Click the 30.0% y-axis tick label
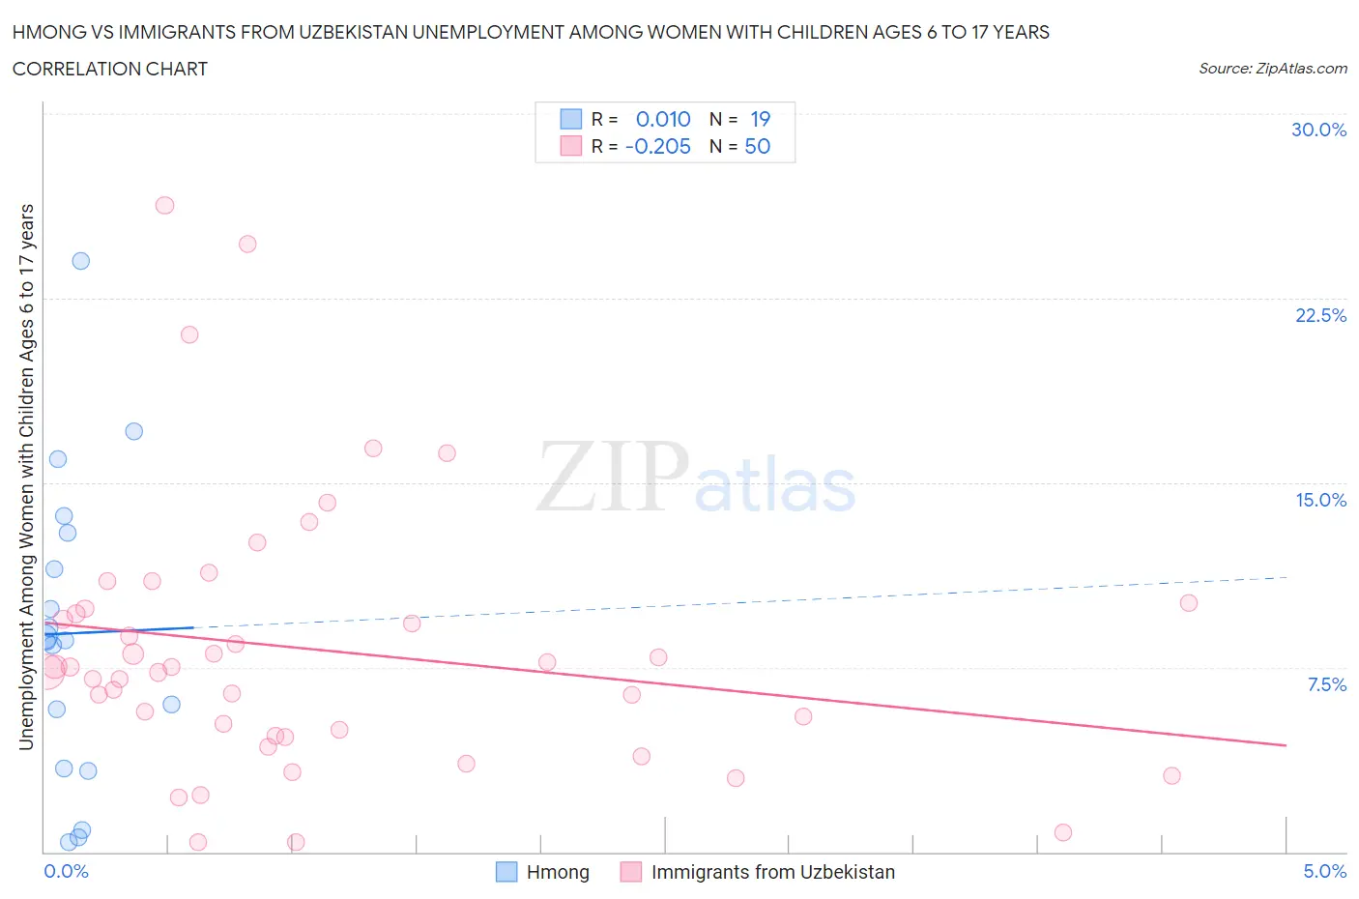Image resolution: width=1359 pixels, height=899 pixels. tap(1318, 130)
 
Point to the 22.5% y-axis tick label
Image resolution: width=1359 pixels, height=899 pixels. tap(1320, 315)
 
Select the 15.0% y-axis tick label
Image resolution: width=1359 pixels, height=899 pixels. tap(1320, 500)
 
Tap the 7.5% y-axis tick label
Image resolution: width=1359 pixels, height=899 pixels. tap(1326, 684)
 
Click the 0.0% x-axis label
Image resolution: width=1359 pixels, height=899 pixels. tap(66, 871)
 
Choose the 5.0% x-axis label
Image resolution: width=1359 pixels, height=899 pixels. tap(1324, 871)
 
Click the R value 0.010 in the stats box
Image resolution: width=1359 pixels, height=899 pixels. tap(663, 119)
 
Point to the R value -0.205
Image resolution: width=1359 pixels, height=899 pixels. tap(658, 146)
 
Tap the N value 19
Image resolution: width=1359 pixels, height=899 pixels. tap(761, 119)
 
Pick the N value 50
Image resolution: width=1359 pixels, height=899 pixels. tap(758, 146)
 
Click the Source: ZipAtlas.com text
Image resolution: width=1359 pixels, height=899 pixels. tap(1272, 69)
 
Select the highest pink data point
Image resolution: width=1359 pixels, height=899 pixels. tap(164, 205)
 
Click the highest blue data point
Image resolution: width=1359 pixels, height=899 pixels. tap(81, 261)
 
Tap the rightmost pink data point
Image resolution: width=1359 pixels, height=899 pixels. tap(1189, 603)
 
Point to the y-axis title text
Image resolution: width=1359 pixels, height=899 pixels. tap(26, 477)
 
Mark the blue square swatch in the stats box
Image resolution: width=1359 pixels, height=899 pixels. tap(571, 119)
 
